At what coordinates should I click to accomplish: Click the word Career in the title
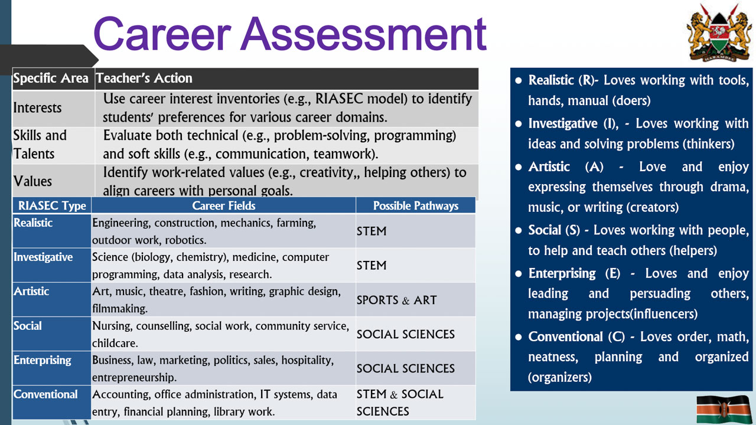pyautogui.click(x=161, y=34)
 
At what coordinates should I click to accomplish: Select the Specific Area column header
pyautogui.click(x=51, y=78)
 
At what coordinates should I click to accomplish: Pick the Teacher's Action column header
pyautogui.click(x=144, y=78)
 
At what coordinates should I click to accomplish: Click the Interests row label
pyautogui.click(x=37, y=108)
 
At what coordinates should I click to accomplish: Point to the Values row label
pyautogui.click(x=32, y=181)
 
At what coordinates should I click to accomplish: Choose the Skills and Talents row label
pyautogui.click(x=40, y=144)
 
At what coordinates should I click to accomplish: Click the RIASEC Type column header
pyautogui.click(x=52, y=205)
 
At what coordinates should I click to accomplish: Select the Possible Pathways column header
pyautogui.click(x=416, y=205)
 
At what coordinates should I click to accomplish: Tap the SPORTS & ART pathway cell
pyautogui.click(x=396, y=300)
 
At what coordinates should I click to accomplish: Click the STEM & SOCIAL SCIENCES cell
pyautogui.click(x=400, y=403)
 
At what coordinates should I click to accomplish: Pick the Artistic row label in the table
pyautogui.click(x=31, y=292)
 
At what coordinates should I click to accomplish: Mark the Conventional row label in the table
pyautogui.click(x=45, y=394)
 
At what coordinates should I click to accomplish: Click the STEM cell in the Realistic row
pyautogui.click(x=372, y=231)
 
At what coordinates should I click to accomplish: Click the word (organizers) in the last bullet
pyautogui.click(x=559, y=377)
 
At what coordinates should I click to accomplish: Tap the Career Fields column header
pyautogui.click(x=224, y=205)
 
